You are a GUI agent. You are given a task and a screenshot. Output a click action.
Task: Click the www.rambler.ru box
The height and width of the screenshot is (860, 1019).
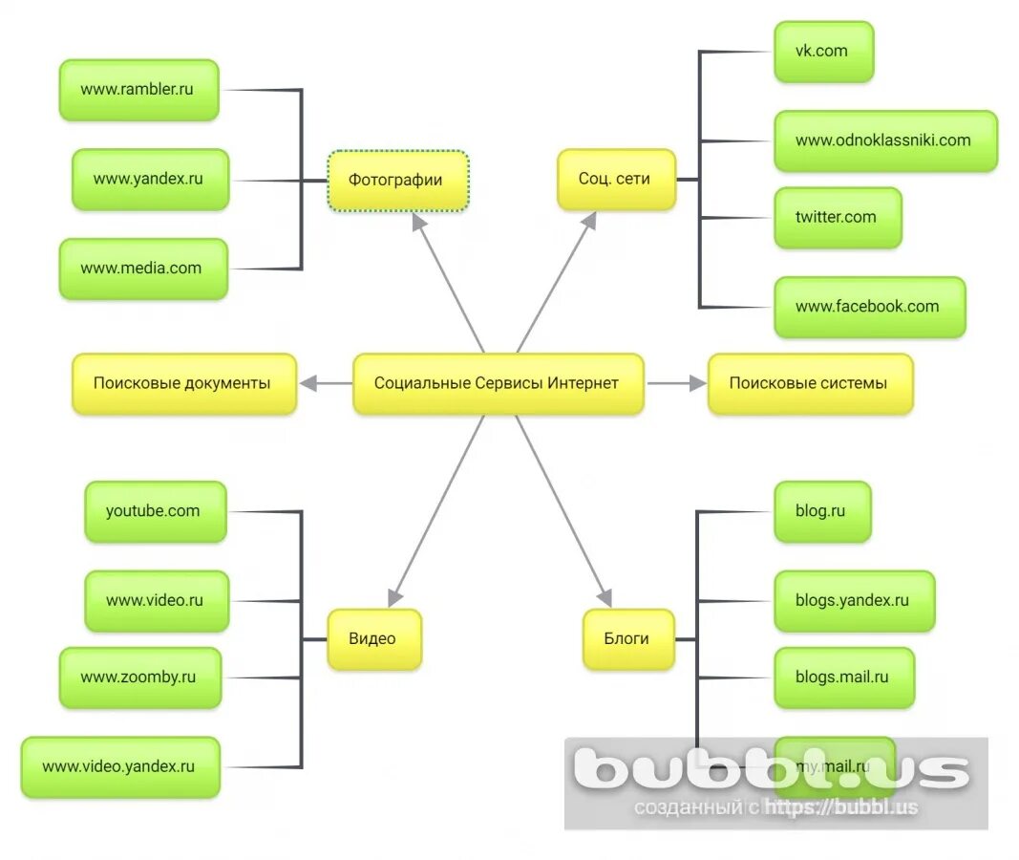tap(138, 90)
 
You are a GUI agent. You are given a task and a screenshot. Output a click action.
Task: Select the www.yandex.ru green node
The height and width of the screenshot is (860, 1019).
tap(150, 179)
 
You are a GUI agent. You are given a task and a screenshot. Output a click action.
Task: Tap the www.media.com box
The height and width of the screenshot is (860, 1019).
tap(143, 269)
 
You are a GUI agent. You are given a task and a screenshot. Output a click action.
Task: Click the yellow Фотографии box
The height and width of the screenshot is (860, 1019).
tap(398, 180)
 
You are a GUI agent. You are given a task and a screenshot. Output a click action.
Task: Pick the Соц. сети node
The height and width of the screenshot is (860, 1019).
tap(616, 179)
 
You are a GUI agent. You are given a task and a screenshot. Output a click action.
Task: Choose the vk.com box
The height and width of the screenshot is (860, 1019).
tap(823, 52)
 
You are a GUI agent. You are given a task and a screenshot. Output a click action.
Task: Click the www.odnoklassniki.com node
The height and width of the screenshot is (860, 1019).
tap(884, 140)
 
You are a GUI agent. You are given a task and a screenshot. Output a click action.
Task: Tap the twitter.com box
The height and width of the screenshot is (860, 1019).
tap(837, 217)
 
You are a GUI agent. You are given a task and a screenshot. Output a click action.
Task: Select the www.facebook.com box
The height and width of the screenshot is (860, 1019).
tap(869, 307)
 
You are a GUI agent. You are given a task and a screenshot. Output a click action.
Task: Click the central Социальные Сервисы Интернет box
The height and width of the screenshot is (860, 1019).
tap(498, 383)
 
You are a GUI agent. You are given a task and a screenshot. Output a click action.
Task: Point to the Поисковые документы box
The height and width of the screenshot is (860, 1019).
tap(183, 383)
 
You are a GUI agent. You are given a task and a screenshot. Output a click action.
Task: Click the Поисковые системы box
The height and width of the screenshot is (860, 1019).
tap(809, 383)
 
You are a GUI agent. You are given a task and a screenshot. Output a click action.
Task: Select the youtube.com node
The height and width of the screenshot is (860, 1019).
tap(155, 511)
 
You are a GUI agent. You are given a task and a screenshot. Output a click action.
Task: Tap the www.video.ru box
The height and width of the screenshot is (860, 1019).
tap(156, 601)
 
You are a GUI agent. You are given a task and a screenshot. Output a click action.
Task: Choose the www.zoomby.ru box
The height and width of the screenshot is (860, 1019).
tap(139, 677)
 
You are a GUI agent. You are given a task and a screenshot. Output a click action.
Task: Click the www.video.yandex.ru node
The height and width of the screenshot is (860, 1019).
tap(120, 766)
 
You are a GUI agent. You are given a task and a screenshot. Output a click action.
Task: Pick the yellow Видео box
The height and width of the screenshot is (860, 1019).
tap(373, 639)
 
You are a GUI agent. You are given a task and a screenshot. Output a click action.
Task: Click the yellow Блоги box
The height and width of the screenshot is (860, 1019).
tap(627, 639)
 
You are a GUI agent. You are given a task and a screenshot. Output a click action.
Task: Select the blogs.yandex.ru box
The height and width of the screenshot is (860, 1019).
tap(854, 601)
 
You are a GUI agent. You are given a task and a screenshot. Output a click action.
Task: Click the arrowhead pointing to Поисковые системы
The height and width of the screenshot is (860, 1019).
tap(696, 383)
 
